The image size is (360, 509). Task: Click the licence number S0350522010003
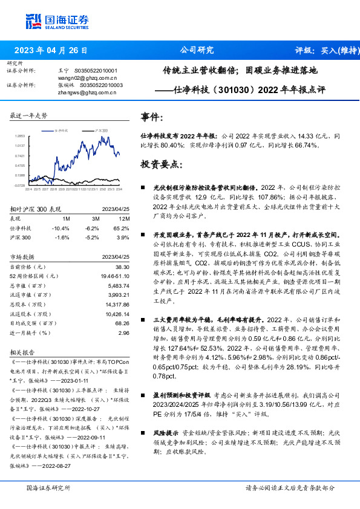point(102,86)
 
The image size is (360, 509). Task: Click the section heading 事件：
point(151,117)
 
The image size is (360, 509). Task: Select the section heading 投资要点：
point(160,164)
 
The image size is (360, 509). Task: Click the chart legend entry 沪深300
point(100,130)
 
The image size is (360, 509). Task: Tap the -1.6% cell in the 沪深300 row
point(61,238)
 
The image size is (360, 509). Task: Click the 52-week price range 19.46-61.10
point(115,276)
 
